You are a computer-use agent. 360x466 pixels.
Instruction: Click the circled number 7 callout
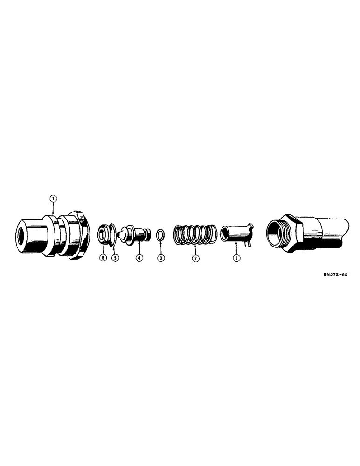click(53, 199)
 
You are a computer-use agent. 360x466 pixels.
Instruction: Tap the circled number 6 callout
click(103, 258)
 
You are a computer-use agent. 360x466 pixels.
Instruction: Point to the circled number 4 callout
click(138, 258)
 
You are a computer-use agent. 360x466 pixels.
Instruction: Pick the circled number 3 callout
click(160, 258)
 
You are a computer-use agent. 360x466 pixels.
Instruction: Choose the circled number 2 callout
click(195, 258)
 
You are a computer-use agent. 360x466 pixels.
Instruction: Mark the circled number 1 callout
click(236, 258)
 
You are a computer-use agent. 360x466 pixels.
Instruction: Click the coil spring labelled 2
click(195, 234)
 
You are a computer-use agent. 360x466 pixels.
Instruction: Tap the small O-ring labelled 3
click(160, 234)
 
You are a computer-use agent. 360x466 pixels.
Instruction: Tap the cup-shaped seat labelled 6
click(102, 233)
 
